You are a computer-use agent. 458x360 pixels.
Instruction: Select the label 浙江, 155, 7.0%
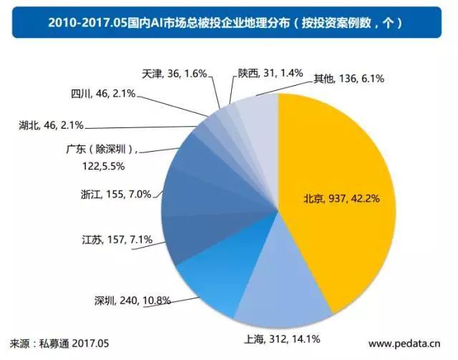pyautogui.click(x=117, y=193)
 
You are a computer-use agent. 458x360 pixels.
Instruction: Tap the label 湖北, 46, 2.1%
pyautogui.click(x=51, y=125)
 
